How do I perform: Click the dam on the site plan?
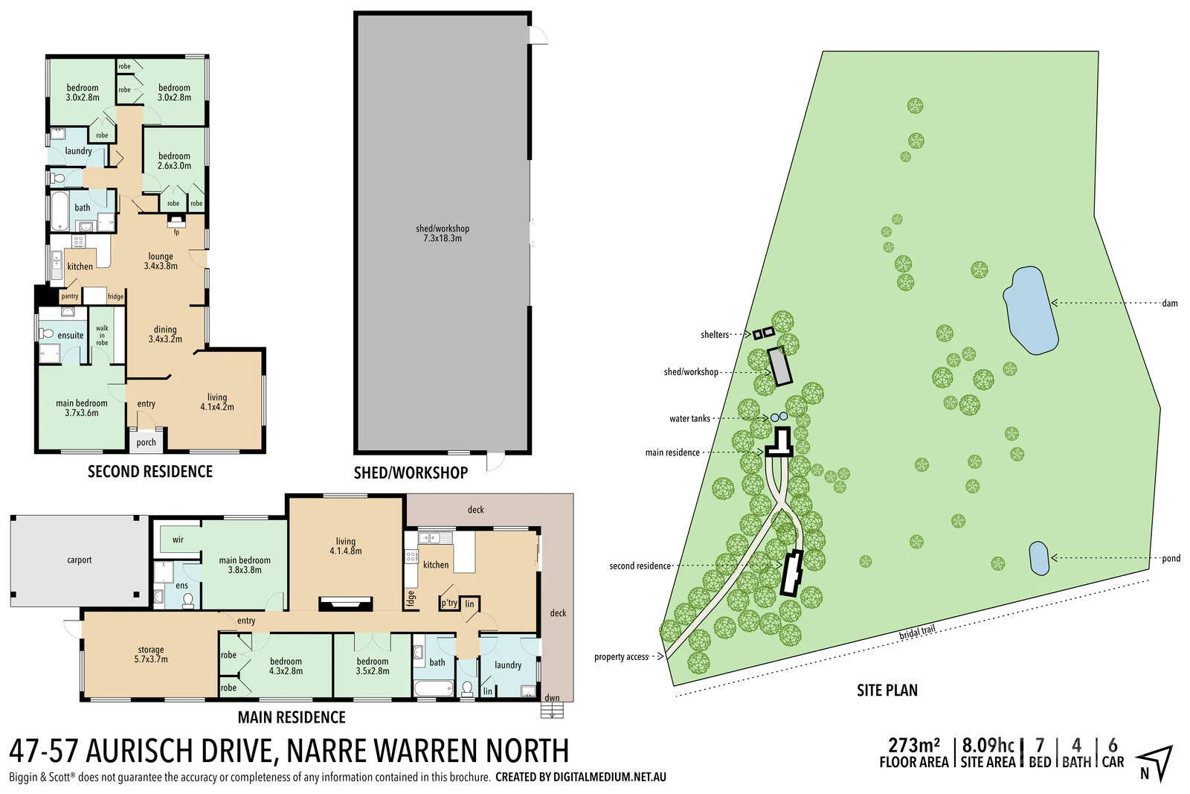pyautogui.click(x=1030, y=310)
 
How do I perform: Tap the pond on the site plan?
pyautogui.click(x=1039, y=558)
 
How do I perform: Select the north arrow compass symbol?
pyautogui.click(x=1154, y=763)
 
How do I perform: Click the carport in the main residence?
pyautogui.click(x=79, y=560)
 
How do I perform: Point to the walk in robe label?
pyautogui.click(x=102, y=336)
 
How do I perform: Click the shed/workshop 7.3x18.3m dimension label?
pyautogui.click(x=443, y=234)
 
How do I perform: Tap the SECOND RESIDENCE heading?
pyautogui.click(x=150, y=471)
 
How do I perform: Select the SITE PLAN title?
pyautogui.click(x=887, y=690)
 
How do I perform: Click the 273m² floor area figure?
pyautogui.click(x=914, y=745)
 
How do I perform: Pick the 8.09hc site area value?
pyautogui.click(x=988, y=745)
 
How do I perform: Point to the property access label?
pyautogui.click(x=621, y=657)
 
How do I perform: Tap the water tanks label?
pyautogui.click(x=689, y=419)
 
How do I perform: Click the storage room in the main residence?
pyautogui.click(x=151, y=654)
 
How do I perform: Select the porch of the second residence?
pyautogui.click(x=147, y=442)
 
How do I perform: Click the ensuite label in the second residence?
pyautogui.click(x=71, y=335)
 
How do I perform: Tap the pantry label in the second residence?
pyautogui.click(x=70, y=296)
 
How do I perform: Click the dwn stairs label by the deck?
pyautogui.click(x=552, y=698)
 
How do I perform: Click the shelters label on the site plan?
pyautogui.click(x=715, y=335)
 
